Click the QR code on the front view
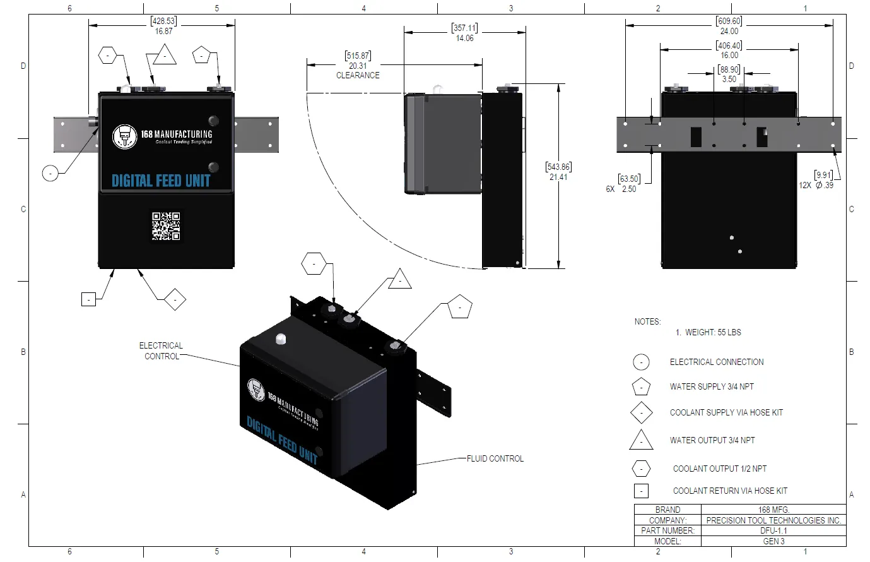click(x=166, y=226)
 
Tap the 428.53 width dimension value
click(x=163, y=21)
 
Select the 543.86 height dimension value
click(x=558, y=167)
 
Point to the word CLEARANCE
click(x=358, y=75)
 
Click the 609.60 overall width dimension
click(x=729, y=21)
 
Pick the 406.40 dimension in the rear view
click(x=729, y=45)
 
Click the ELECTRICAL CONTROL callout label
click(x=161, y=351)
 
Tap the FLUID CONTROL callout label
click(x=495, y=458)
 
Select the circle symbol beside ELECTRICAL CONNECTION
click(x=641, y=362)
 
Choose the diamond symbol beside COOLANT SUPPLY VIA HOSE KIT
click(x=641, y=413)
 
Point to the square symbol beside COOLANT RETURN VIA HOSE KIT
click(x=641, y=491)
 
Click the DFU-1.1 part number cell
click(x=773, y=530)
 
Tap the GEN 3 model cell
click(x=773, y=541)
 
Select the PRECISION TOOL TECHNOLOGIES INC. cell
click(x=773, y=520)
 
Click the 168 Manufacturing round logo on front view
click(x=124, y=136)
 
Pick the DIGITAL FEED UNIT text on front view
click(x=161, y=181)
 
